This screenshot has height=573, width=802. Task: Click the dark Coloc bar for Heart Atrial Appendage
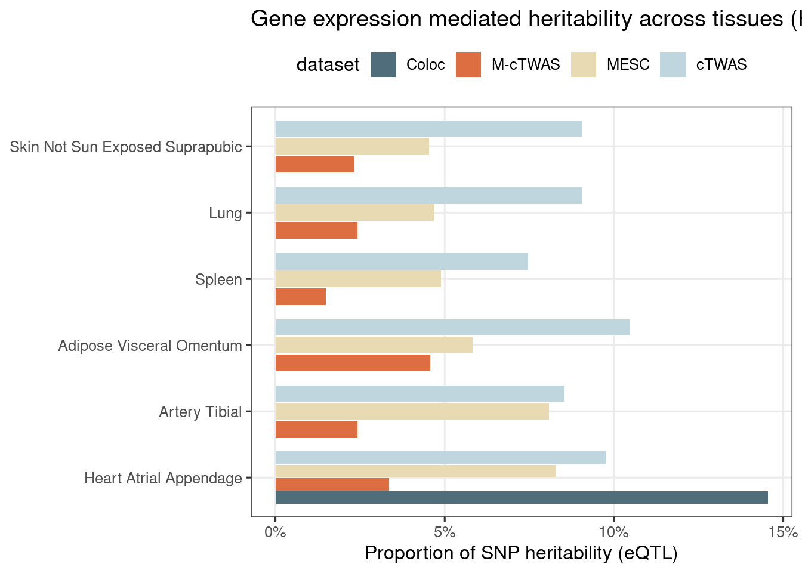[521, 498]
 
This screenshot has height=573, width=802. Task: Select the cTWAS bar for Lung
[428, 195]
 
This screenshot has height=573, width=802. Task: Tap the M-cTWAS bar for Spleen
[301, 297]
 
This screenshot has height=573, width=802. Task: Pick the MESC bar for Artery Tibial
[412, 411]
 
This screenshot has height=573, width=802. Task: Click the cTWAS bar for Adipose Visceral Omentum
[452, 328]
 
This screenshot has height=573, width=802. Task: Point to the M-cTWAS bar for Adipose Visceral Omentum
[353, 363]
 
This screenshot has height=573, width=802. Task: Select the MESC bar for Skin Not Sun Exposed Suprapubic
[352, 146]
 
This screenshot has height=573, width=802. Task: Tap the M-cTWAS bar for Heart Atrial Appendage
[332, 484]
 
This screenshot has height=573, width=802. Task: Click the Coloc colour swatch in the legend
[383, 64]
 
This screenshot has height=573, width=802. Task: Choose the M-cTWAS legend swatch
[468, 64]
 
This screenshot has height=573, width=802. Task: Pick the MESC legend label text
[628, 64]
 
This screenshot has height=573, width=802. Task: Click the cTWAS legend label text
[721, 64]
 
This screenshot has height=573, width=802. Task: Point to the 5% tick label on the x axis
[445, 531]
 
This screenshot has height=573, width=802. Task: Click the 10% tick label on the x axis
[614, 531]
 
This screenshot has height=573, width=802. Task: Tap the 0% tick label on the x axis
[275, 531]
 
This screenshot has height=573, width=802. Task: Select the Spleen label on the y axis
[218, 279]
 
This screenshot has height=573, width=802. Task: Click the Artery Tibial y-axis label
[200, 412]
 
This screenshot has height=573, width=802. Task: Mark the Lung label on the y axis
[225, 213]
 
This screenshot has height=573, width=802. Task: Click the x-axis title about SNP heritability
[521, 553]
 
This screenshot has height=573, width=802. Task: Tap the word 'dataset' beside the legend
[328, 64]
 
